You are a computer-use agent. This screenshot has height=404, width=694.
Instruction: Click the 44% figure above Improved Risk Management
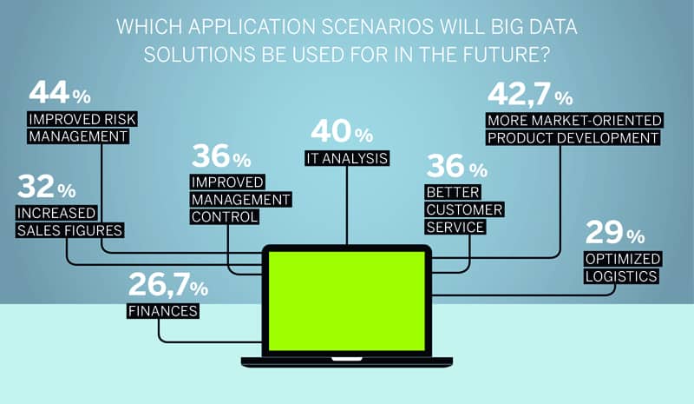pyautogui.click(x=60, y=92)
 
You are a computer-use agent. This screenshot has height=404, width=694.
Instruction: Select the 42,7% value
pyautogui.click(x=530, y=94)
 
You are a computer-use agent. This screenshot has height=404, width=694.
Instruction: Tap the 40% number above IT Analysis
pyautogui.click(x=342, y=131)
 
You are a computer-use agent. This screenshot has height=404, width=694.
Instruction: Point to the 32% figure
pyautogui.click(x=47, y=187)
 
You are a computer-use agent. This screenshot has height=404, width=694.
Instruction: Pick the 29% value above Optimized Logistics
pyautogui.click(x=615, y=232)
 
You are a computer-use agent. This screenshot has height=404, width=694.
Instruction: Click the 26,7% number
pyautogui.click(x=168, y=285)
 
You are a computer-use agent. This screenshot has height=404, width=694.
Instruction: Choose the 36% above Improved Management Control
pyautogui.click(x=221, y=156)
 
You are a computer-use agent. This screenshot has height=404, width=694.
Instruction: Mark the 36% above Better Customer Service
pyautogui.click(x=457, y=166)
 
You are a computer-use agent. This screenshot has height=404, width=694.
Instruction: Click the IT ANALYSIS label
pyautogui.click(x=347, y=158)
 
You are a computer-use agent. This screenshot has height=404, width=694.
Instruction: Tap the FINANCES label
pyautogui.click(x=163, y=311)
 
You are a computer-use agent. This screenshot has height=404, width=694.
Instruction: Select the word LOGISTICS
pyautogui.click(x=621, y=276)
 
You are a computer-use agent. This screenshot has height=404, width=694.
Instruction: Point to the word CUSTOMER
pyautogui.click(x=464, y=209)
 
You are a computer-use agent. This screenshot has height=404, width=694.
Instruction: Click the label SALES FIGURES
pyautogui.click(x=69, y=230)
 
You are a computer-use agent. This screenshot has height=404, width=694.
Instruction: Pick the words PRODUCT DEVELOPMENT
pyautogui.click(x=573, y=138)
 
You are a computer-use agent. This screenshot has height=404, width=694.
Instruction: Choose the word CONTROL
pyautogui.click(x=225, y=217)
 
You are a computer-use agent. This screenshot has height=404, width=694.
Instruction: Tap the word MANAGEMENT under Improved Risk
pyautogui.click(x=78, y=136)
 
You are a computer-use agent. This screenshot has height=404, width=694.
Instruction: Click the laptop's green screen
pyautogui.click(x=346, y=301)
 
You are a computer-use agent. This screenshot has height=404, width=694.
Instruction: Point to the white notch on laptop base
pyautogui.click(x=347, y=359)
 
